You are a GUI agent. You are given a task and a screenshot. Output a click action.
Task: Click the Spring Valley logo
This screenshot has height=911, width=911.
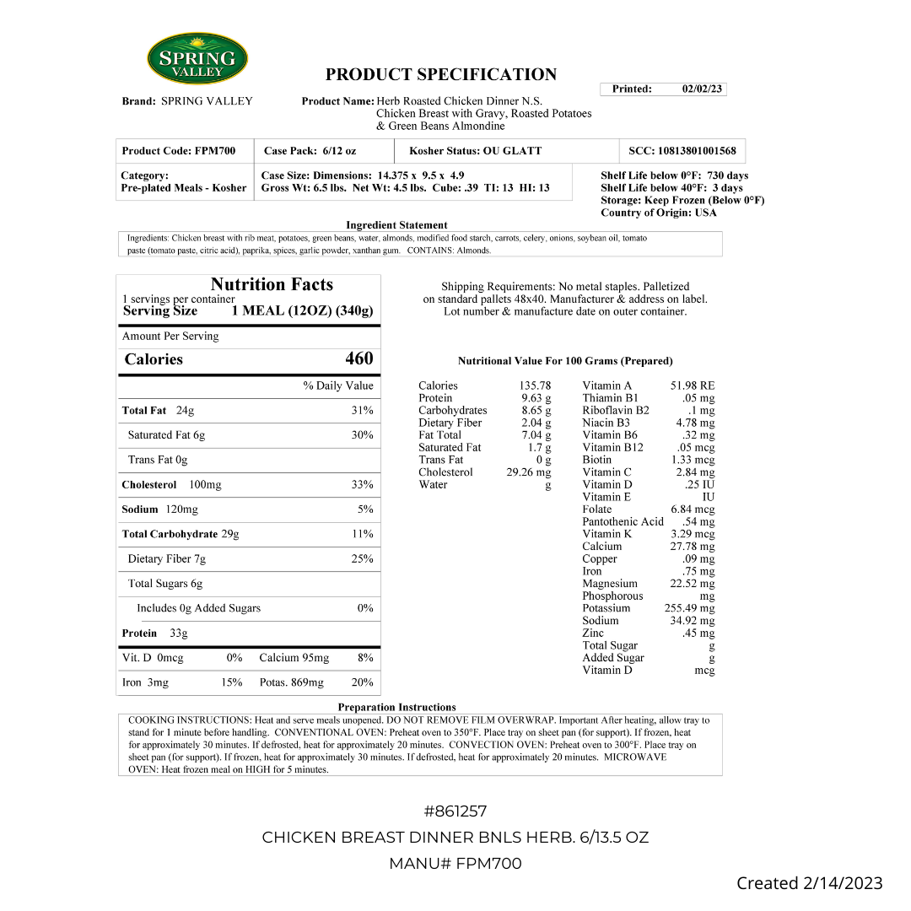pyautogui.click(x=197, y=59)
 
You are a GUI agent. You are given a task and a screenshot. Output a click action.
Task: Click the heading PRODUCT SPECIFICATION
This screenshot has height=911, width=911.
pyautogui.click(x=441, y=74)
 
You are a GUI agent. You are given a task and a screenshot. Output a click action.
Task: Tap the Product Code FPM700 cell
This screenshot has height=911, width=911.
pyautogui.click(x=179, y=151)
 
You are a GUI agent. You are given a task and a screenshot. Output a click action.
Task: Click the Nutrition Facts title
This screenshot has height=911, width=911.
pyautogui.click(x=272, y=284)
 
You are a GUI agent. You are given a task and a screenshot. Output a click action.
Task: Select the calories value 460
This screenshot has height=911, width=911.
pyautogui.click(x=358, y=358)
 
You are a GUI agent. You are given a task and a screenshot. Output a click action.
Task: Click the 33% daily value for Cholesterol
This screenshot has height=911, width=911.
pyautogui.click(x=362, y=485)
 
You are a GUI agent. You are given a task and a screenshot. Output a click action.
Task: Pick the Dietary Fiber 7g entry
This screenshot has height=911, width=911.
pyautogui.click(x=167, y=559)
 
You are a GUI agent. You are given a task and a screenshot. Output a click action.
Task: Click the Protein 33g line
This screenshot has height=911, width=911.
pyautogui.click(x=154, y=633)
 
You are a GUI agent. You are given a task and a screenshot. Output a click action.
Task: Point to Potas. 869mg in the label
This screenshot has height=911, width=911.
pyautogui.click(x=291, y=682)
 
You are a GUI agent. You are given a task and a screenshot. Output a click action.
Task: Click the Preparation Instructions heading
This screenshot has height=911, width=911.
pyautogui.click(x=396, y=707)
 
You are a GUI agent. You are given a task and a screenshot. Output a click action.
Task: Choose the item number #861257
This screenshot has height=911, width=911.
pyautogui.click(x=455, y=811)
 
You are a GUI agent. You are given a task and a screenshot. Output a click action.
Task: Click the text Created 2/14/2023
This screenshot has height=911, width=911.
pyautogui.click(x=809, y=883)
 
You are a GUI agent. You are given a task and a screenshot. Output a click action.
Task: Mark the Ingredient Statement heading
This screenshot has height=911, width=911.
pyautogui.click(x=396, y=225)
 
